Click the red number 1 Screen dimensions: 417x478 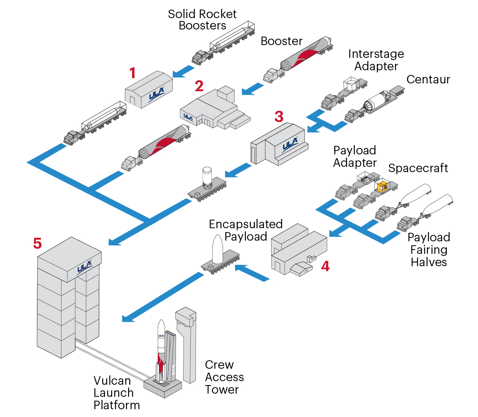pyautogui.click(x=132, y=73)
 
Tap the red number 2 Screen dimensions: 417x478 pyautogui.click(x=199, y=86)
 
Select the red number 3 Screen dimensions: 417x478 pyautogui.click(x=279, y=116)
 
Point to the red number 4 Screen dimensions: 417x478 pyautogui.click(x=325, y=266)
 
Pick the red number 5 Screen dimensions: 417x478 pyautogui.click(x=37, y=243)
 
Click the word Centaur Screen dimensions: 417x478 pyautogui.click(x=428, y=79)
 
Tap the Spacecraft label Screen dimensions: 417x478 pyautogui.click(x=418, y=168)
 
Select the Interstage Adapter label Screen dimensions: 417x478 pyautogui.click(x=376, y=60)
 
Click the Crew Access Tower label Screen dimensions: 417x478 pyautogui.click(x=224, y=377)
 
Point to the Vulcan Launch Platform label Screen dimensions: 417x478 pyautogui.click(x=116, y=393)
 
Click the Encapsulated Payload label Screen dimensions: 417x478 pyautogui.click(x=246, y=230)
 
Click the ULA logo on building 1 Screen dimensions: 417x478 pyautogui.click(x=156, y=94)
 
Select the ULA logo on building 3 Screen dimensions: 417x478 pyautogui.click(x=290, y=145)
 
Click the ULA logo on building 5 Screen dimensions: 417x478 pyautogui.click(x=84, y=267)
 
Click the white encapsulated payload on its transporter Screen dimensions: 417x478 pyautogui.click(x=217, y=249)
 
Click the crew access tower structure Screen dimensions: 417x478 pyautogui.click(x=187, y=344)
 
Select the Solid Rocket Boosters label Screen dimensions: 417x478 pyautogui.click(x=202, y=20)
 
